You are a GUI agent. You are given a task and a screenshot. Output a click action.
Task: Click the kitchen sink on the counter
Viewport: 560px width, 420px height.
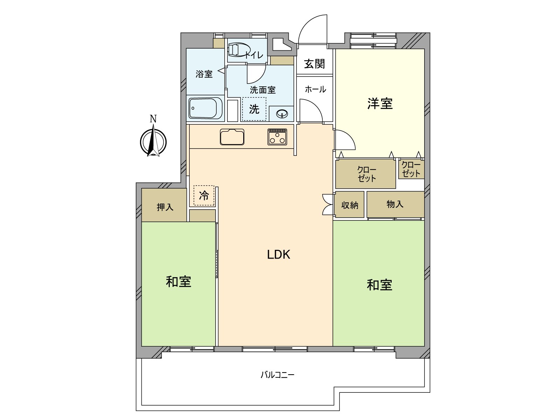point(232,137)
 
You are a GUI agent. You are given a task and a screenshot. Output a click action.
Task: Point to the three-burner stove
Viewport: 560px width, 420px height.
point(278,137)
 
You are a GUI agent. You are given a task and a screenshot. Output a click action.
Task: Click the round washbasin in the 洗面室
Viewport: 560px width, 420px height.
point(282,114)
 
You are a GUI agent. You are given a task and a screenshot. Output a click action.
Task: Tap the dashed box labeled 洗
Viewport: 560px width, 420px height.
point(254,109)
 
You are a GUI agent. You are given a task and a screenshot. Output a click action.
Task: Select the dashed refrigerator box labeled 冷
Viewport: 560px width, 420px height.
point(204,195)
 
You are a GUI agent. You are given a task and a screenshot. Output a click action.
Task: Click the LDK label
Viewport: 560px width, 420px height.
point(279,254)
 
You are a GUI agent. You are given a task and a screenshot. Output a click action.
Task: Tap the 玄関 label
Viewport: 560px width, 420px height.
point(314,64)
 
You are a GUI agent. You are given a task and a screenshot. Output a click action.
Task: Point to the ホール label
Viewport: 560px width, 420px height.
point(315,89)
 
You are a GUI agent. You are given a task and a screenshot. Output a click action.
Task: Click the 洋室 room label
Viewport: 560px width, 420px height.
point(380,104)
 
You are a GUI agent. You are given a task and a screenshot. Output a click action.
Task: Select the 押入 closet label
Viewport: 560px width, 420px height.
point(164,207)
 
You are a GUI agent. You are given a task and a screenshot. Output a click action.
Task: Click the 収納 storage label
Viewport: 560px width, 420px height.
point(350,205)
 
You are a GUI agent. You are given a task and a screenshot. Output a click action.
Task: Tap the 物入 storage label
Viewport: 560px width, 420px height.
point(395,204)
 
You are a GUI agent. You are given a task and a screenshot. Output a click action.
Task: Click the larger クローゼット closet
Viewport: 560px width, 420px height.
point(366,174)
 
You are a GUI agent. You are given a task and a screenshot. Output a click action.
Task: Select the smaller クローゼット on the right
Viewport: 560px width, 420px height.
point(411,169)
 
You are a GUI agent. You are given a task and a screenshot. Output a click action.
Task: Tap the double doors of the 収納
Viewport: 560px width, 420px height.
point(328,204)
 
